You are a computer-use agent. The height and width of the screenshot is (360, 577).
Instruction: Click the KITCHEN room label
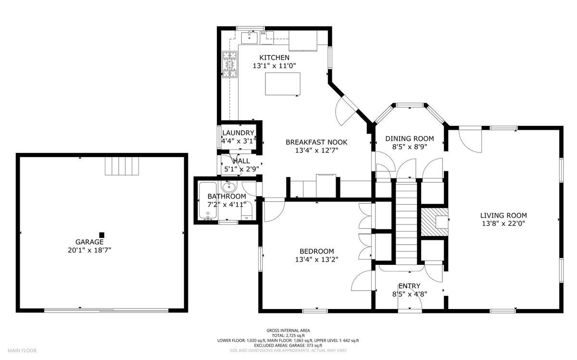274,57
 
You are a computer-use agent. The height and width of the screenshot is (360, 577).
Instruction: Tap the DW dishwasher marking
263,34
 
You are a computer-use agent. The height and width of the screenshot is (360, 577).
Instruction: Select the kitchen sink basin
250,38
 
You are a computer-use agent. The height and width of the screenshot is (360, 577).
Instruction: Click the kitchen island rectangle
283,84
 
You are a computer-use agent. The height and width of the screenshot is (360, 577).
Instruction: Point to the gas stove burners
230,64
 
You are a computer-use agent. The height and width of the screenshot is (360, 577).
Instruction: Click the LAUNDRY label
238,133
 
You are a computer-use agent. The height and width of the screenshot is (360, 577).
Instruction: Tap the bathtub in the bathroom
208,201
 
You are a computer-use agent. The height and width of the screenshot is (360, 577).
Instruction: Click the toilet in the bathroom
247,211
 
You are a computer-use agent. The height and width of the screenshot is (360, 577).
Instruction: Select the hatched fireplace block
434,222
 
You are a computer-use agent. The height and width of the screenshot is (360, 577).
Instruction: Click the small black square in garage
102,235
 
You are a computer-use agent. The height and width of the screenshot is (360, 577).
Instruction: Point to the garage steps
122,166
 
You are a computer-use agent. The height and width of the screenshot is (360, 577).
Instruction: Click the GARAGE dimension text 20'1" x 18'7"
89,250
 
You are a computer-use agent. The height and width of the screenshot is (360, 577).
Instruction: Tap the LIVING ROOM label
503,215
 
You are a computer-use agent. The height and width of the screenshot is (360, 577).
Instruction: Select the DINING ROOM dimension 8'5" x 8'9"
409,147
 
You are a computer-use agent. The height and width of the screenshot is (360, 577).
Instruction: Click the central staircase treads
406,222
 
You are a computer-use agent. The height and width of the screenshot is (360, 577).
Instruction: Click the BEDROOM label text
316,251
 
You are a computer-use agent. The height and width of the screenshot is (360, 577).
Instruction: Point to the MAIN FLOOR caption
22,350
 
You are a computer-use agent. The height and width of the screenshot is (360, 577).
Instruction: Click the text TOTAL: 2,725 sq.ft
288,335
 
